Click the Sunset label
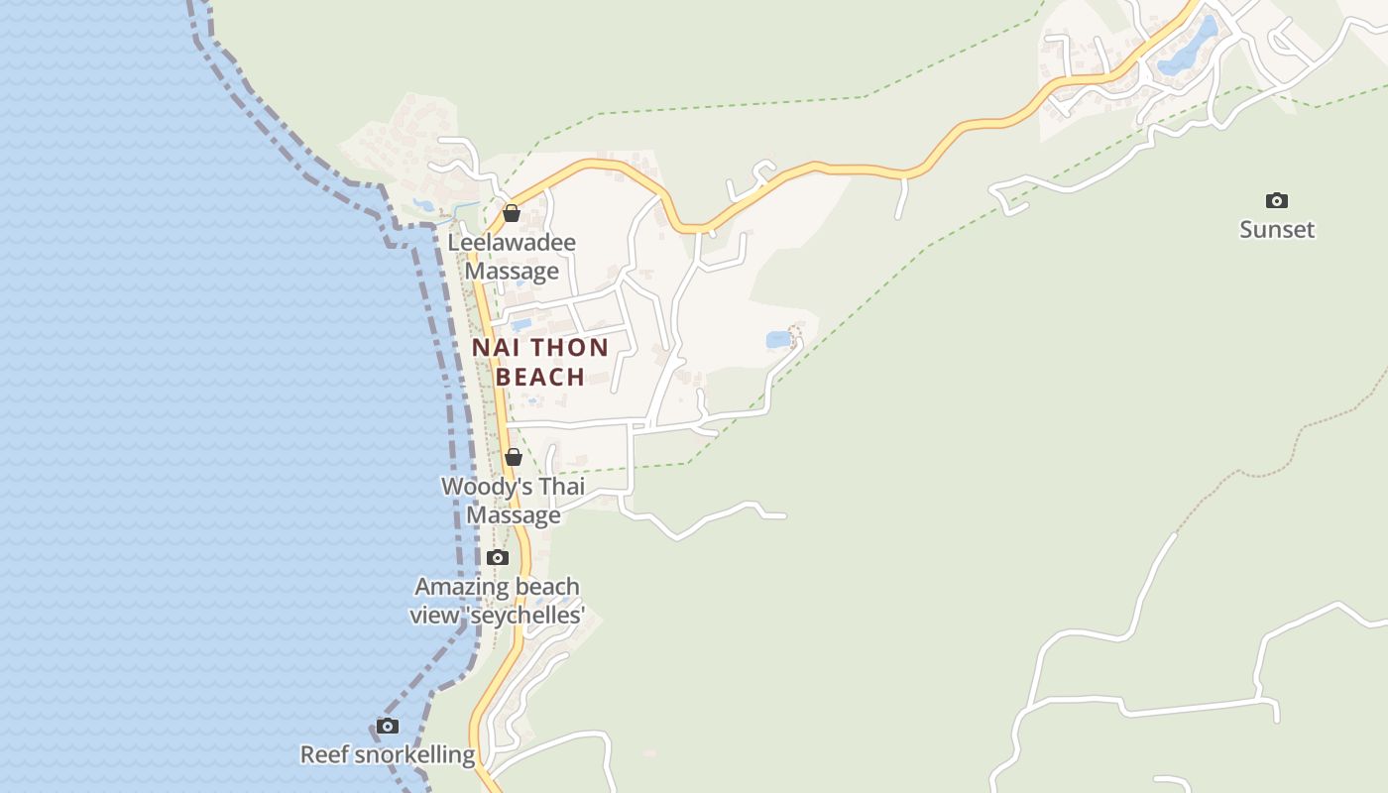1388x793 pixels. tap(1277, 230)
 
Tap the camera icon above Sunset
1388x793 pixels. tap(1277, 201)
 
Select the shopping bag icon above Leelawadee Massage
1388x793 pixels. tap(512, 213)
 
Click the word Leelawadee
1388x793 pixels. tap(512, 243)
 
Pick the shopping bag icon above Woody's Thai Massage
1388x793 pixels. tap(513, 457)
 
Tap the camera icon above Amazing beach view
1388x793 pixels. tap(498, 558)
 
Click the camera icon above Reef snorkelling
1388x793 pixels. tap(388, 727)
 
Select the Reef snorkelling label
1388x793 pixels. tap(388, 755)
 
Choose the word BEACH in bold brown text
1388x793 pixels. tap(540, 377)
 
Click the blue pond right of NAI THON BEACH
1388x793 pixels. tap(778, 340)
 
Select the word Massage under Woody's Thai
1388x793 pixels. tap(514, 515)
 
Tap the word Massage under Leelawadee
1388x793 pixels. tap(512, 272)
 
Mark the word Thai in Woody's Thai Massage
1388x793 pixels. tap(561, 487)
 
